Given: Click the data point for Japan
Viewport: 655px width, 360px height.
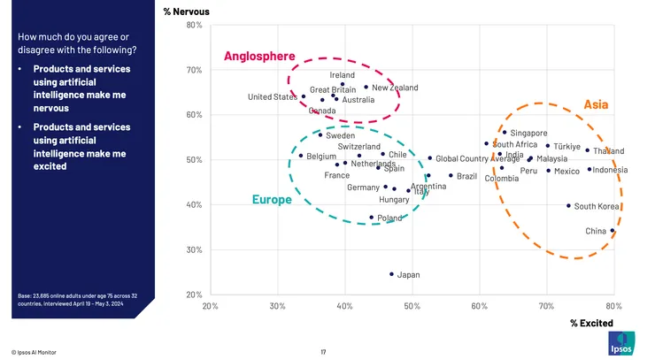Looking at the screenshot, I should coord(391,274).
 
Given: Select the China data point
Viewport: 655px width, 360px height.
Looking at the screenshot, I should coord(612,231).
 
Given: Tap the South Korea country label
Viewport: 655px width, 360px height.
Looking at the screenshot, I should coord(597,207).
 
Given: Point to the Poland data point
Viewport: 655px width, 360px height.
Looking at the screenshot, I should coord(372,218).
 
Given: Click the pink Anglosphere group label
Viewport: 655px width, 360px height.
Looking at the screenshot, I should coord(259,57).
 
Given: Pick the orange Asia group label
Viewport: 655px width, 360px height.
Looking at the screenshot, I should coord(596,105).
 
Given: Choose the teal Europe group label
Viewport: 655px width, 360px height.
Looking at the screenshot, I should coord(272,200).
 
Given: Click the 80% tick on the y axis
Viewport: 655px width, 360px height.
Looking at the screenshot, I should coord(195,25).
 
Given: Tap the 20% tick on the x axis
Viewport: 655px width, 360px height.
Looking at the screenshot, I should coord(211,306).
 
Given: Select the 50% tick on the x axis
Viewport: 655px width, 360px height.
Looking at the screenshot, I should coord(412,306).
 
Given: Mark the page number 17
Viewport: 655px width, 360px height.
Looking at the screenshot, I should coord(324,352).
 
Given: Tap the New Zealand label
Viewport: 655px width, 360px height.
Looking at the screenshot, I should coord(395,88).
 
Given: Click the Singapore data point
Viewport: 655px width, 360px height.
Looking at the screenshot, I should coord(505,133).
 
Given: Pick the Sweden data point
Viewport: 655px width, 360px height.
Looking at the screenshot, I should coord(320,135).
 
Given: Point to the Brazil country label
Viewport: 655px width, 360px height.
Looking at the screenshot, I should coord(466,177).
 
